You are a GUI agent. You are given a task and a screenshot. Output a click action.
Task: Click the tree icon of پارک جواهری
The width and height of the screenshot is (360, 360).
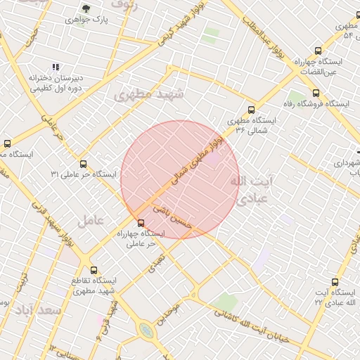(86, 9)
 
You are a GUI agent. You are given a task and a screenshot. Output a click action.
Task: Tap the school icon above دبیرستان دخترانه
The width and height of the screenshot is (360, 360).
(56, 67)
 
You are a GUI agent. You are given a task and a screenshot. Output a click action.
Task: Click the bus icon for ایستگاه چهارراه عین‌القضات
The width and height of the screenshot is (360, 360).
(319, 51)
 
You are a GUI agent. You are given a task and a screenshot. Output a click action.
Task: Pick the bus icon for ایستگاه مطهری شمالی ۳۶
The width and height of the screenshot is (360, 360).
(251, 109)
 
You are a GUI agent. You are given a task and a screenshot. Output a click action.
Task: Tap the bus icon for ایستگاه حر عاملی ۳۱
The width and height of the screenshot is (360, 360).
(83, 164)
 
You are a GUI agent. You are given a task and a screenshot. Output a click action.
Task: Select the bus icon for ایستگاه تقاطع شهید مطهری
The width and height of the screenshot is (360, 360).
(95, 269)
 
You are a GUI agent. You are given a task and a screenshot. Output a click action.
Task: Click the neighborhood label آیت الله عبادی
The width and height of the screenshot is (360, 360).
(250, 190)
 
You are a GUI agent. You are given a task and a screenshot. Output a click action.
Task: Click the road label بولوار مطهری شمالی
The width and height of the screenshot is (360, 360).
(198, 159)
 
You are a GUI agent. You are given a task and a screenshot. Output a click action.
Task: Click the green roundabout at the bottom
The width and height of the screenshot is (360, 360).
(146, 330)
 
